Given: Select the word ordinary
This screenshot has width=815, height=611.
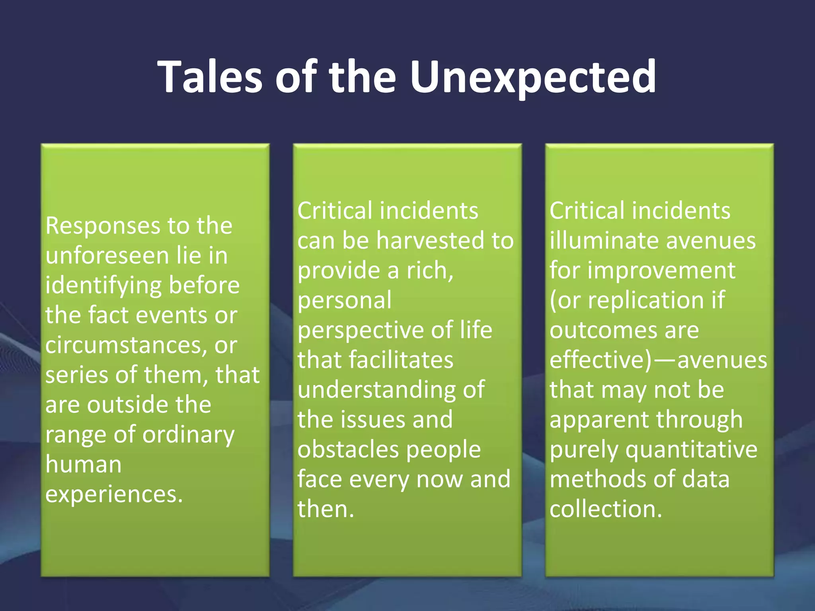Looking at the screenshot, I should pos(188,435).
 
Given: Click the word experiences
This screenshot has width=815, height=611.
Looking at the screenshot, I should pos(114,494).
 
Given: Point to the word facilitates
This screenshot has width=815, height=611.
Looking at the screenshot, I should pos(402,360).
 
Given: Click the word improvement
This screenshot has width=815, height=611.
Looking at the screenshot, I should pos(661,270).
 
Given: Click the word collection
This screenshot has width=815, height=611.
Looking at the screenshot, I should pos(606,509).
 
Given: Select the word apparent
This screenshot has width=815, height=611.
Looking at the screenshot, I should pos(599,420).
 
